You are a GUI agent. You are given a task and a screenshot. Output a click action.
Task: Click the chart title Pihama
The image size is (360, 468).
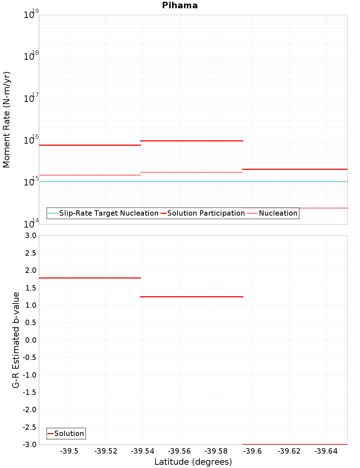click(180, 5)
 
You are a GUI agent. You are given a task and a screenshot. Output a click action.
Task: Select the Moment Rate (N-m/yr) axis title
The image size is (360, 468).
click(6, 120)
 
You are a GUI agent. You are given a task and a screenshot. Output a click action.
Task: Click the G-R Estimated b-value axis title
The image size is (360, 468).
click(16, 340)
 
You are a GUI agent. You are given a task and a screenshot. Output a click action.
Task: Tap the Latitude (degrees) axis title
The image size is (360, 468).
click(193, 462)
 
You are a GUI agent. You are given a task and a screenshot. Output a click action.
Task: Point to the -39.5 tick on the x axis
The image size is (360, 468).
click(69, 451)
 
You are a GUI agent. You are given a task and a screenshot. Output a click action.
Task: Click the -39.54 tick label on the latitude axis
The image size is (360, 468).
click(143, 451)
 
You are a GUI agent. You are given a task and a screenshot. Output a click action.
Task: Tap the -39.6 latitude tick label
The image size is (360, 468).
click(252, 451)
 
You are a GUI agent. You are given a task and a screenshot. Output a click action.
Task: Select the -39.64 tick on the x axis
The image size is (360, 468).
click(326, 451)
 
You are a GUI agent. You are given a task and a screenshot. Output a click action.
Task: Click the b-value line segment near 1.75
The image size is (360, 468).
click(90, 278)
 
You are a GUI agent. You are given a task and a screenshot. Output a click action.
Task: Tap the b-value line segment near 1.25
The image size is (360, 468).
click(192, 297)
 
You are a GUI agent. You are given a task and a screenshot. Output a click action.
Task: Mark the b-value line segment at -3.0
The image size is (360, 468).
click(295, 444)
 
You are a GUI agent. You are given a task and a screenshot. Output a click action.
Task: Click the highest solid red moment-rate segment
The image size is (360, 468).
click(192, 141)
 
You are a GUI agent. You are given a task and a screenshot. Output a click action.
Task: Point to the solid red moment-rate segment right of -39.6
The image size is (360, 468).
click(295, 169)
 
